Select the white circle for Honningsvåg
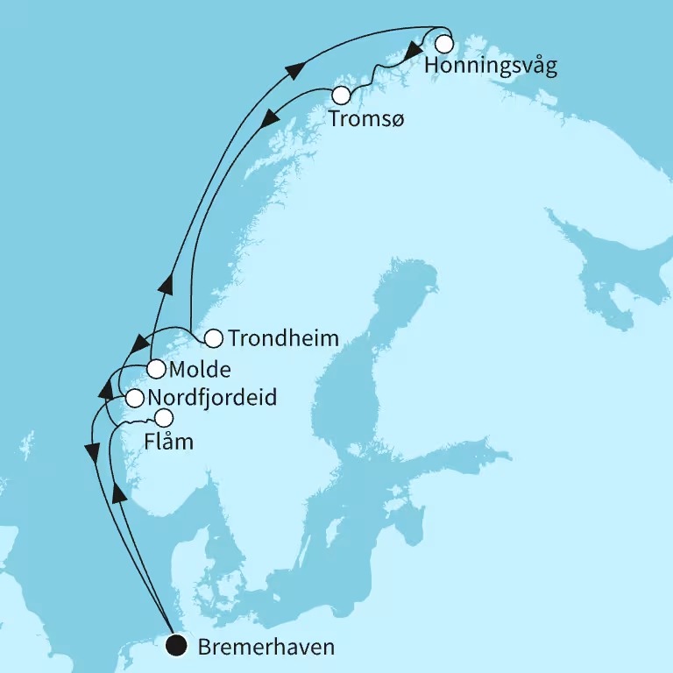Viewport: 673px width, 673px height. [444, 43]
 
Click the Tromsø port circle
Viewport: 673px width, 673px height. [342, 95]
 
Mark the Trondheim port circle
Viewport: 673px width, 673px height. [213, 337]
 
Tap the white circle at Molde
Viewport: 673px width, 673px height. [156, 369]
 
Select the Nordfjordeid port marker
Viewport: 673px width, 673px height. [134, 399]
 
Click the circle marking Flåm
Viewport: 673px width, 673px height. [164, 417]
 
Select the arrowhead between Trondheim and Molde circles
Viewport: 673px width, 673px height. [140, 342]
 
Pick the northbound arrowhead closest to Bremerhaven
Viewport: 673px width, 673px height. [120, 494]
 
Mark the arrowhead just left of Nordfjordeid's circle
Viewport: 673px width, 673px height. [104, 386]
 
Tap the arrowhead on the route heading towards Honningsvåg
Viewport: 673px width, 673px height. [306, 68]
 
